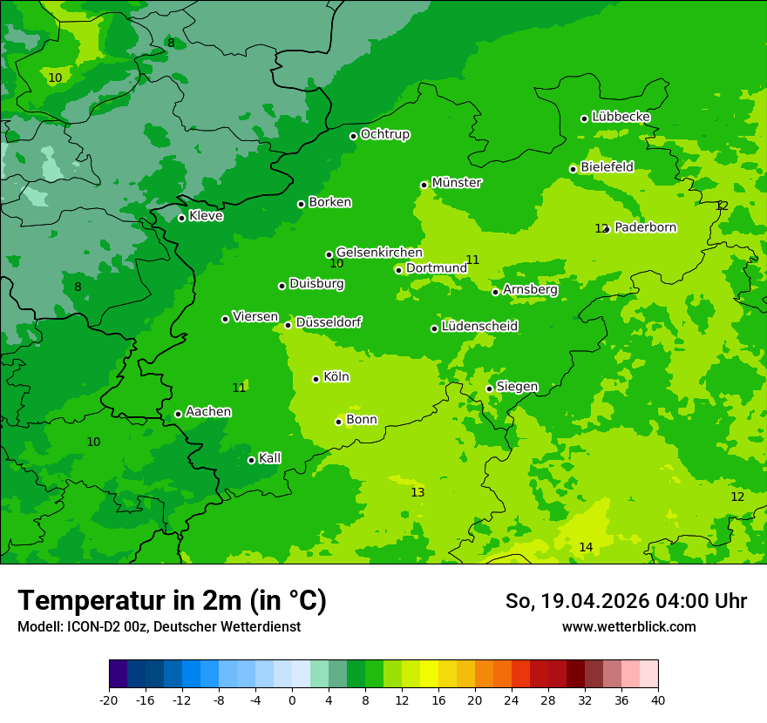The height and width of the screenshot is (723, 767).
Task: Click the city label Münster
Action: [457, 183]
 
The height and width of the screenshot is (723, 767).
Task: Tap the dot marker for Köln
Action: [316, 379]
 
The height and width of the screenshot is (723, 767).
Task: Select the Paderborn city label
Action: [645, 227]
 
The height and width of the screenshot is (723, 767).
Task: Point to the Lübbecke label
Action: [621, 117]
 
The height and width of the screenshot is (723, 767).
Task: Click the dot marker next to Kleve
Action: [181, 218]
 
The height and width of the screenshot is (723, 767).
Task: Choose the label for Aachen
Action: [208, 411]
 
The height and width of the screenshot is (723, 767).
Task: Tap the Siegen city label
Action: [517, 387]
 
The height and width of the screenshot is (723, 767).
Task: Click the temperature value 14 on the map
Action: [586, 547]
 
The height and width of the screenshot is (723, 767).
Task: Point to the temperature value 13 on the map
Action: [417, 492]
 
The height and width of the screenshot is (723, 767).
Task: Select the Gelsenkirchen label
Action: [379, 253]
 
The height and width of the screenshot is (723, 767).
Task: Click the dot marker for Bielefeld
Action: [573, 169]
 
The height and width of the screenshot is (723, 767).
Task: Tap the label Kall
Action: [269, 458]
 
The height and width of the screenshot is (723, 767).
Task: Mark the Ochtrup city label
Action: [384, 134]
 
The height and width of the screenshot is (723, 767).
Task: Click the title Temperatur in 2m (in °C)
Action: [172, 600]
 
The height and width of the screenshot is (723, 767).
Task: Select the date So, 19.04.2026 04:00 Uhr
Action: [626, 601]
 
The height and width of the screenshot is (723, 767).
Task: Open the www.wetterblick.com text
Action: [628, 626]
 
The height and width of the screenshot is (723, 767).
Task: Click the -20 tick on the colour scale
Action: [109, 699]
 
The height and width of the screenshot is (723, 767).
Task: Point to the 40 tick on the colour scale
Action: [658, 699]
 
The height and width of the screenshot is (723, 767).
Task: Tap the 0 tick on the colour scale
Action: [292, 699]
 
